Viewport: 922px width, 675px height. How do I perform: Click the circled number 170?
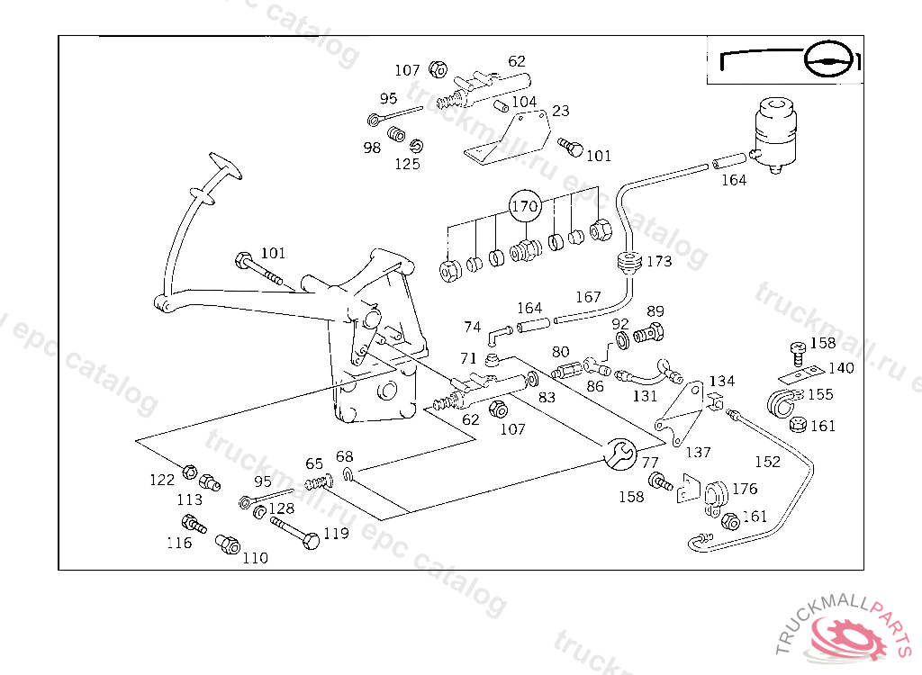click(x=525, y=206)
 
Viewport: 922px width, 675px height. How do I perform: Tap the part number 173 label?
click(x=659, y=262)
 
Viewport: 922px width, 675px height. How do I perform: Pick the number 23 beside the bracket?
click(x=561, y=112)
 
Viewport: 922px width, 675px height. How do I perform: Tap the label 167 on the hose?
click(x=588, y=297)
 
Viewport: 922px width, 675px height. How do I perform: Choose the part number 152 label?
click(x=767, y=462)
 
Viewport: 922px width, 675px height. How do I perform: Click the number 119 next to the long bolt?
click(x=336, y=534)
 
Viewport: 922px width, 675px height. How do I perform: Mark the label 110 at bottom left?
click(x=255, y=558)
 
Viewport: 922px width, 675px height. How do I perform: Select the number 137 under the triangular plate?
click(x=698, y=453)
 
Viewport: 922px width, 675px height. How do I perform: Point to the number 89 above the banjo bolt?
click(x=655, y=311)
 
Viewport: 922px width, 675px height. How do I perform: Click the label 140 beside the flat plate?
click(x=841, y=368)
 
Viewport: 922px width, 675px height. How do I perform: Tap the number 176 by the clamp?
click(x=745, y=489)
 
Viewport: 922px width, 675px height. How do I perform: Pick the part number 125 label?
click(x=407, y=165)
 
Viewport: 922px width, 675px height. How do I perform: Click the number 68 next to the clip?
click(x=345, y=457)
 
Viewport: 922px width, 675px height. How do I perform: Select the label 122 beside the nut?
click(x=162, y=480)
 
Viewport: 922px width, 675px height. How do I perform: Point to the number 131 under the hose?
click(x=645, y=395)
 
